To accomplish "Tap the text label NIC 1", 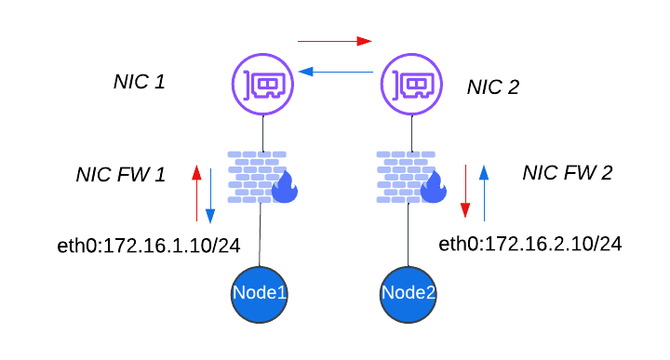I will [x=139, y=82].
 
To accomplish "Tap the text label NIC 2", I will [x=492, y=87].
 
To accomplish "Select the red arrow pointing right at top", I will [x=334, y=41].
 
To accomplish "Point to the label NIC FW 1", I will [x=120, y=175].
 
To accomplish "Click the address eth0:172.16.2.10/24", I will [x=530, y=245].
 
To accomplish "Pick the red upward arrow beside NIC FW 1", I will [x=195, y=193].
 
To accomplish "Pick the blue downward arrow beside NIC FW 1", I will [x=210, y=195].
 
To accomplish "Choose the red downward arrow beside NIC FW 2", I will [x=467, y=192].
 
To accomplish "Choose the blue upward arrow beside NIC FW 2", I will [x=483, y=192].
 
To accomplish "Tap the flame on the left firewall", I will [x=284, y=188].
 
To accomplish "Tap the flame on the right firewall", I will [x=433, y=188].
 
